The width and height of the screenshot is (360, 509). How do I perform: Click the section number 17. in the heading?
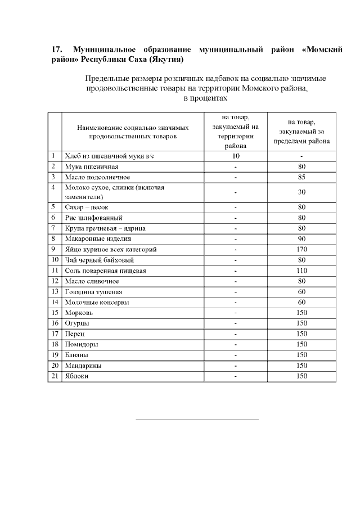[56, 49]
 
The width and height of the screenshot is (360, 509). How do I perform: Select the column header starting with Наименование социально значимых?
[133, 132]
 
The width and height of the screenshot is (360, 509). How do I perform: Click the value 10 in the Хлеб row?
[236, 156]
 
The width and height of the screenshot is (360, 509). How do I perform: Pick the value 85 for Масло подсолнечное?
[301, 177]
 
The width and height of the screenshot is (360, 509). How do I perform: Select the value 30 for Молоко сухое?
[301, 192]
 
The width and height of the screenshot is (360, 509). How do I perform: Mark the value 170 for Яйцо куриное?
[301, 249]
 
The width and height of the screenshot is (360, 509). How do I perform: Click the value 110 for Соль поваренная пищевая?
[301, 271]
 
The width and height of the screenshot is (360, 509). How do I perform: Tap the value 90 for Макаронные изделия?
[301, 238]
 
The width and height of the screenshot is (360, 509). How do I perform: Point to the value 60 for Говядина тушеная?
[301, 292]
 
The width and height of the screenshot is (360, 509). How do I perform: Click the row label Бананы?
[77, 355]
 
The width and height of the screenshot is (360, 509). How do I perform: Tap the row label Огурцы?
[77, 323]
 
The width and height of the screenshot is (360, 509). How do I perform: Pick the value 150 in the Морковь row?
[301, 313]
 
